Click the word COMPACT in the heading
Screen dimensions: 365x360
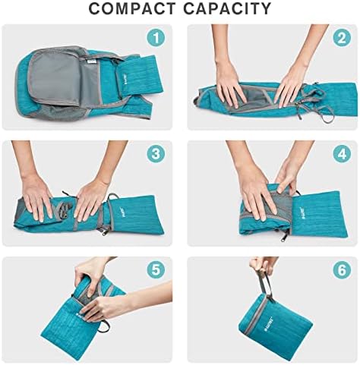click(x=134, y=9)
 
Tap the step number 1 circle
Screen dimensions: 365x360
click(x=156, y=38)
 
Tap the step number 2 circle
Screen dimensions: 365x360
click(x=341, y=38)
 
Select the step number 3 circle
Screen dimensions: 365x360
click(x=156, y=153)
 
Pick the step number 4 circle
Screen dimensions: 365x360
click(x=341, y=153)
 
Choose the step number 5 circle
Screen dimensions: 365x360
click(x=156, y=270)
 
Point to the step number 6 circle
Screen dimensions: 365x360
click(x=341, y=270)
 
